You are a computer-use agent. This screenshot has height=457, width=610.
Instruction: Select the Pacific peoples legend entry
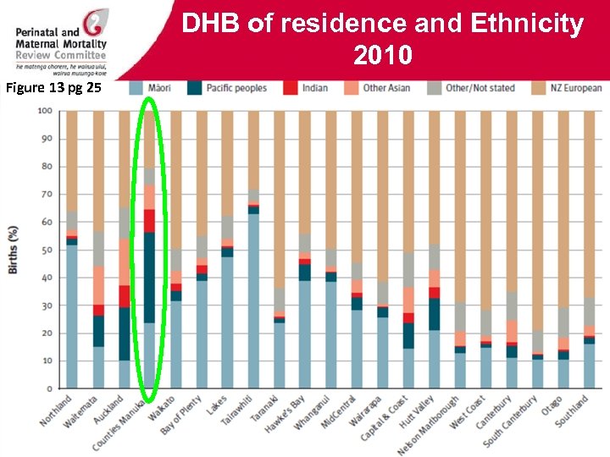(x=236, y=88)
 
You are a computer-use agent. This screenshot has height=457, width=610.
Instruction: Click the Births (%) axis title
(x=14, y=250)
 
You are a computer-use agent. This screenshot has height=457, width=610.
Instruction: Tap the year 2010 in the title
(x=383, y=55)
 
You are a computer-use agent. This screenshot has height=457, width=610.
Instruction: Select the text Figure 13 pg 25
(x=53, y=86)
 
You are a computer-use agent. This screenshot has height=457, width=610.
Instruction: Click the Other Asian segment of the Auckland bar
(x=124, y=262)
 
